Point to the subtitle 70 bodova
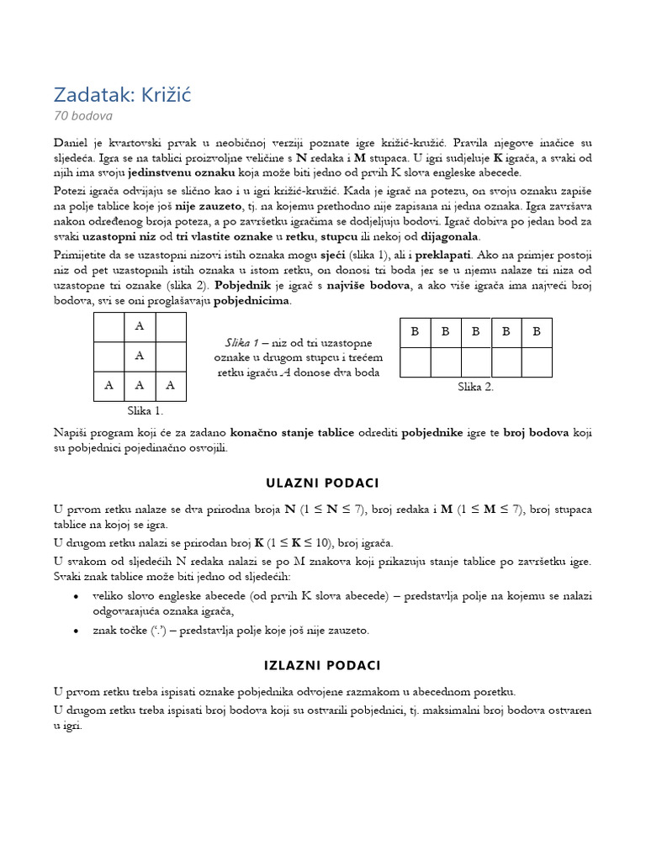pos(83,116)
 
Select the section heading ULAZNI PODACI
pos(323,483)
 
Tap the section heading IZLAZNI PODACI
pos(323,665)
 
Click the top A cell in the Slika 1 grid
pos(140,326)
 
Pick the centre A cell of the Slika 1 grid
pos(140,356)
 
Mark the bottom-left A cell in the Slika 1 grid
pos(109,386)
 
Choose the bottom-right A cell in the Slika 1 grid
pos(171,386)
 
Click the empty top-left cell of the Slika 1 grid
pos(109,326)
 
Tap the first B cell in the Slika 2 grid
pos(415,332)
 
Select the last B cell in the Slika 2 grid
pos(537,332)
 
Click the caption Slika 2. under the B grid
pos(475,387)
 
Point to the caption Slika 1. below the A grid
pos(145,411)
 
